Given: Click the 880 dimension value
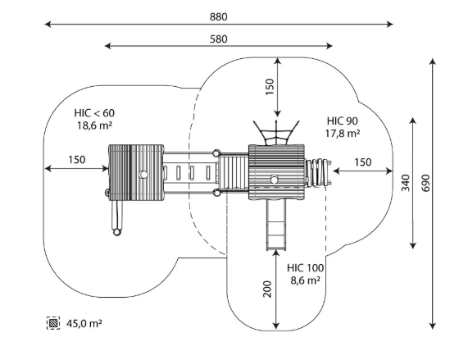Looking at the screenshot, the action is (x=219, y=16).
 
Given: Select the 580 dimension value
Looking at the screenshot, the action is (x=219, y=39).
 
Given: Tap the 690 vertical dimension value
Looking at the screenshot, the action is (x=426, y=183).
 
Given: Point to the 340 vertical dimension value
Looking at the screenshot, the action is (x=406, y=183).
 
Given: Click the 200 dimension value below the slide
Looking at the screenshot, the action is (x=267, y=289).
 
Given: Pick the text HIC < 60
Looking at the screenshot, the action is (x=94, y=113).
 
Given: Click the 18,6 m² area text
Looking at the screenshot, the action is (x=94, y=125).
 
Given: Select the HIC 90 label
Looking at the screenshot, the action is (x=343, y=121).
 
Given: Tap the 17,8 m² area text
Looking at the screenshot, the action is (x=343, y=134).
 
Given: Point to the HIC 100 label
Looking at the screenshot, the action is (x=306, y=268).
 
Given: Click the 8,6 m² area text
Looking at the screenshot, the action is (x=306, y=280).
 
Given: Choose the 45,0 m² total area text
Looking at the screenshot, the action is (x=84, y=323).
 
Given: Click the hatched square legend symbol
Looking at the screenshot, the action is (x=53, y=323).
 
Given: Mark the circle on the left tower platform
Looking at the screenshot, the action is (x=143, y=174).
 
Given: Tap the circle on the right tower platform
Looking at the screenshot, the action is (x=274, y=179).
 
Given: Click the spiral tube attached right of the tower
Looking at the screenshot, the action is (x=318, y=173).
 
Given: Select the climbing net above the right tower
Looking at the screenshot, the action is (x=276, y=133).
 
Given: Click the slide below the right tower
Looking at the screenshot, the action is (x=276, y=225).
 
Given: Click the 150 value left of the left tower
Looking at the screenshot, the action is (x=77, y=160).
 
